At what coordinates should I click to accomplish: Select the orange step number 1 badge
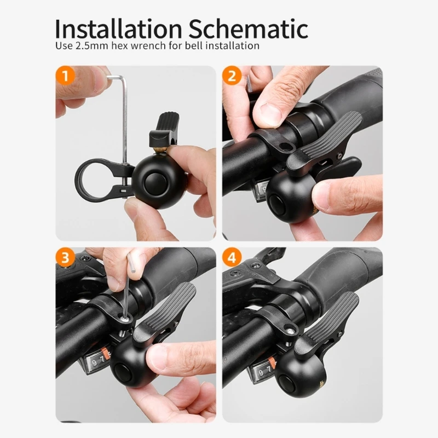[x=66, y=76]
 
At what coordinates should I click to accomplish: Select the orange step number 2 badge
[x=232, y=76]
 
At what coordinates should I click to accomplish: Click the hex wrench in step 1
[x=125, y=109]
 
